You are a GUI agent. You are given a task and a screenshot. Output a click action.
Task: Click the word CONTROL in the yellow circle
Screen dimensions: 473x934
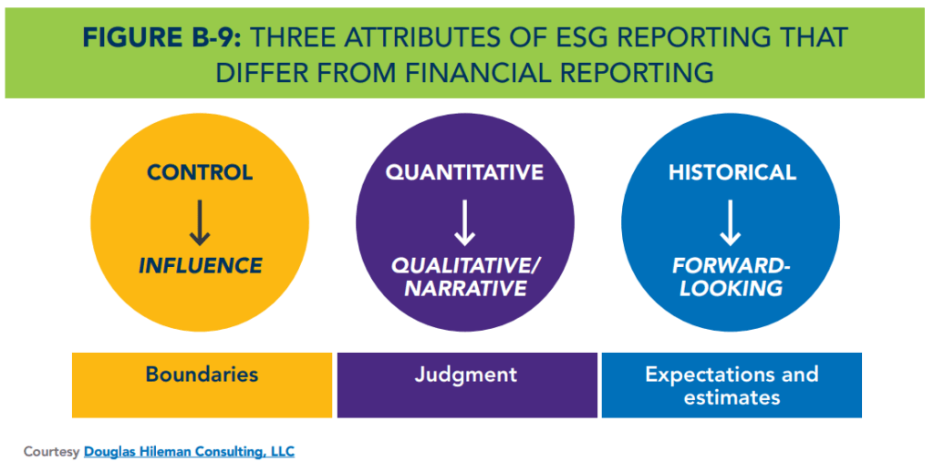click(200, 172)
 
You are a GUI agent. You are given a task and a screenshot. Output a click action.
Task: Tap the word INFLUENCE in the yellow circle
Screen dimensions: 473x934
click(200, 266)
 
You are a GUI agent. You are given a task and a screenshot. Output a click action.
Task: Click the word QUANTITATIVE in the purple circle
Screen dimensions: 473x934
click(464, 172)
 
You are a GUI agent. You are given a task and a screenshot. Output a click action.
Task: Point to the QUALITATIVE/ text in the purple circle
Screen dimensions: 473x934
click(465, 266)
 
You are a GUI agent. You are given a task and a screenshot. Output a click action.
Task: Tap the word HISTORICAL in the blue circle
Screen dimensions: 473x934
click(732, 172)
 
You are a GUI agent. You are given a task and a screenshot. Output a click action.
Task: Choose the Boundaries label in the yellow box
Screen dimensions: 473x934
click(202, 375)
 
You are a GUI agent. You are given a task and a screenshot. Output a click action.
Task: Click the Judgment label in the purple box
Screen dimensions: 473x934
click(465, 375)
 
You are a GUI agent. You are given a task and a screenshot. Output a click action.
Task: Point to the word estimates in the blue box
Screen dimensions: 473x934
click(732, 397)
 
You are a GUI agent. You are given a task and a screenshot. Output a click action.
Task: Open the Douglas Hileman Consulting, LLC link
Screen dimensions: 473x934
click(189, 451)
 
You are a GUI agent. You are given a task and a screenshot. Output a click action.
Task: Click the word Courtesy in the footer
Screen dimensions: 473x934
click(51, 451)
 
